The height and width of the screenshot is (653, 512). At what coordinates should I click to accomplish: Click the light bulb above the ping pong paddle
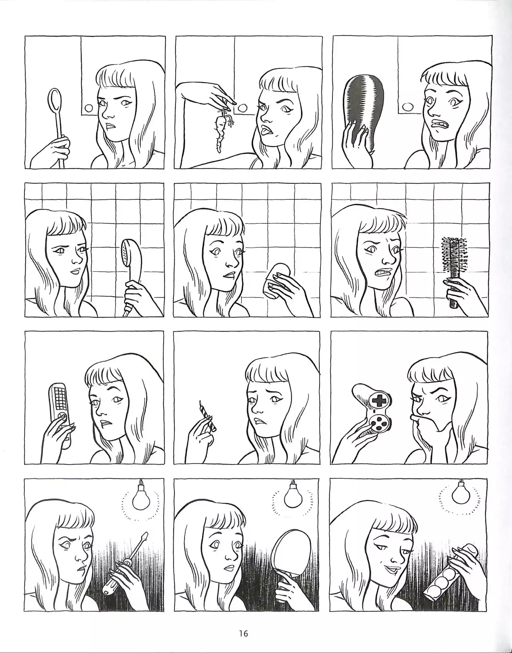click(x=293, y=494)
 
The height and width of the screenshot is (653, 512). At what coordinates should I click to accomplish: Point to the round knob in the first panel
click(x=89, y=108)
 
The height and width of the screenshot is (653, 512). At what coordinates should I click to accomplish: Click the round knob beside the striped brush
click(x=408, y=106)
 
